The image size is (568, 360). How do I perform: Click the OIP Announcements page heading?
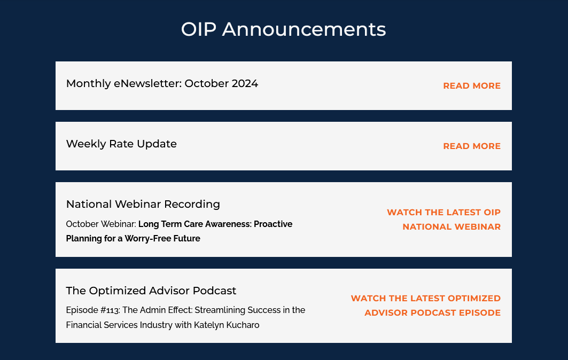tap(283, 29)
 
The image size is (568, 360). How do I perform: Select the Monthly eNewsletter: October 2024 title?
tap(162, 83)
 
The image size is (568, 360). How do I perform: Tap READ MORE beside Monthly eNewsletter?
tap(472, 86)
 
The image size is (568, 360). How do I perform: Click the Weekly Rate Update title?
tap(121, 144)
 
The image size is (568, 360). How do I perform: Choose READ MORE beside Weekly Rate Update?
tap(472, 146)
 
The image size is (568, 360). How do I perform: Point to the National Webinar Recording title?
tap(143, 204)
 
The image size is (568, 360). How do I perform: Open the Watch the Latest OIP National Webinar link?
tap(443, 220)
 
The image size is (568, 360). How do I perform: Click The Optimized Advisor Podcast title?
tap(151, 291)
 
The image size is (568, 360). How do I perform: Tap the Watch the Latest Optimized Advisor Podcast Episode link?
tap(426, 306)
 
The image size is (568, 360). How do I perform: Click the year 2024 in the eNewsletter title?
tap(245, 83)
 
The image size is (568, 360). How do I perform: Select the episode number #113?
tap(110, 310)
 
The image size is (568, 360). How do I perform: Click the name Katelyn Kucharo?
tap(227, 325)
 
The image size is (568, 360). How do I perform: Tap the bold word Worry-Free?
tap(144, 239)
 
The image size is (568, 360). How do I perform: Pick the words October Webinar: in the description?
tap(101, 224)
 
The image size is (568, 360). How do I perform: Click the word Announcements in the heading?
tap(304, 29)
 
